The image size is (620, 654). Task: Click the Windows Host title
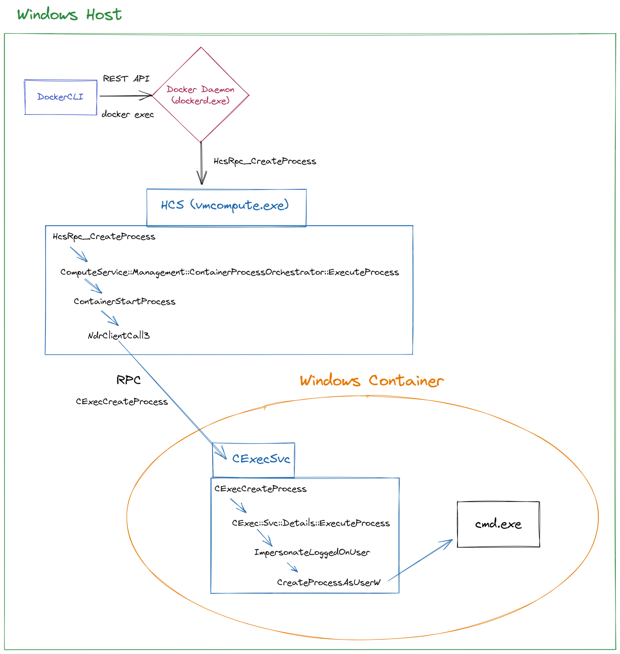pos(69,15)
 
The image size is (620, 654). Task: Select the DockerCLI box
pos(60,97)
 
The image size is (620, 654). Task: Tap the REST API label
pos(126,79)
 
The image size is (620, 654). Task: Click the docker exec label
pos(127,114)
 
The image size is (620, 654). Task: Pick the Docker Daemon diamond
pos(201,95)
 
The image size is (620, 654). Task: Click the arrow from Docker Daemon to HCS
pos(201,163)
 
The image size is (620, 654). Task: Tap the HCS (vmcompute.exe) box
pos(226,207)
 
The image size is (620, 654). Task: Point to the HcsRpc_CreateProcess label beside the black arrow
pos(265,161)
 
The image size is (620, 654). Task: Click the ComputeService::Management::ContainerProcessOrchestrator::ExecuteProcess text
pos(229,272)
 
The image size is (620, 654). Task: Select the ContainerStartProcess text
pos(124,301)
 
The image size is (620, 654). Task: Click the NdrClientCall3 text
pos(119,335)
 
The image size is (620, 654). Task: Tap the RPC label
pos(128,380)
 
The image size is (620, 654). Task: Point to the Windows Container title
pos(372,381)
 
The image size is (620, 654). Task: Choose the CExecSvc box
pos(254,459)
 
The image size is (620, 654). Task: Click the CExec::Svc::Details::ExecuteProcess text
pos(311,523)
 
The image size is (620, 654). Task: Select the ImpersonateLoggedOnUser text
pos(312,552)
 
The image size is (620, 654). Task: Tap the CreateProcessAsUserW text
pos(328,582)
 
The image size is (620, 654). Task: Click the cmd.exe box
pos(498,524)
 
